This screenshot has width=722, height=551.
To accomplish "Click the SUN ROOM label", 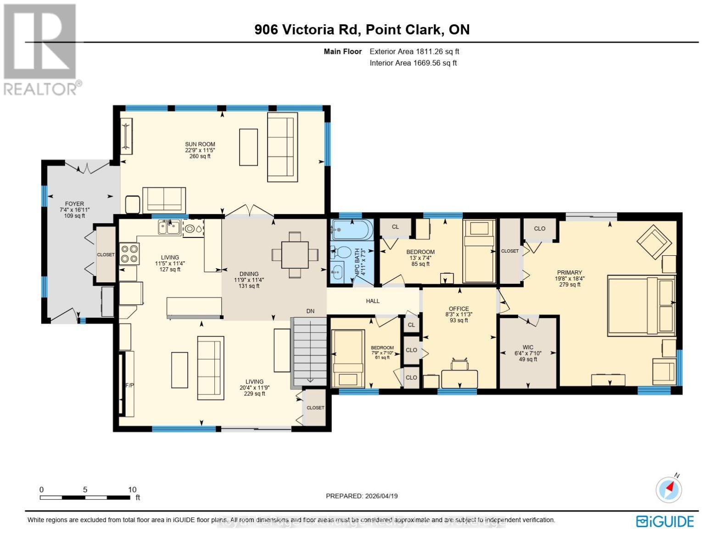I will click(200, 144).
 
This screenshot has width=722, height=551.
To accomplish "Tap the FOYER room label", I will click(74, 204).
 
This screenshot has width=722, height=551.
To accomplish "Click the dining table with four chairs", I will click(295, 255).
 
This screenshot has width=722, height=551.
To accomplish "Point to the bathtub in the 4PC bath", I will click(352, 230).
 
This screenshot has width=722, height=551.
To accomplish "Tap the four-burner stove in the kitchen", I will click(129, 254).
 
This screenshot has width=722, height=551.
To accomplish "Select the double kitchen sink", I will click(169, 227).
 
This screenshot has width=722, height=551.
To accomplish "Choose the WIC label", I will click(528, 348).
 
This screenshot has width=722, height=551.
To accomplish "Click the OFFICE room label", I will click(459, 309).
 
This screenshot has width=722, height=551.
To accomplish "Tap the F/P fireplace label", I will click(130, 385).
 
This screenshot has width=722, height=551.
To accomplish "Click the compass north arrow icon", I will click(669, 489).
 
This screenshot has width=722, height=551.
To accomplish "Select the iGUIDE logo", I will click(665, 522).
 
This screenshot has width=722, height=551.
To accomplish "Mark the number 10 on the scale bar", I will click(132, 489).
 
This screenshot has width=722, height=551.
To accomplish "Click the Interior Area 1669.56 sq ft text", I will click(413, 63).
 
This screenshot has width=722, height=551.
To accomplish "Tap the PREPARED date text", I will click(362, 496).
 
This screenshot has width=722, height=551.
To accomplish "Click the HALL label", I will click(373, 301).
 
